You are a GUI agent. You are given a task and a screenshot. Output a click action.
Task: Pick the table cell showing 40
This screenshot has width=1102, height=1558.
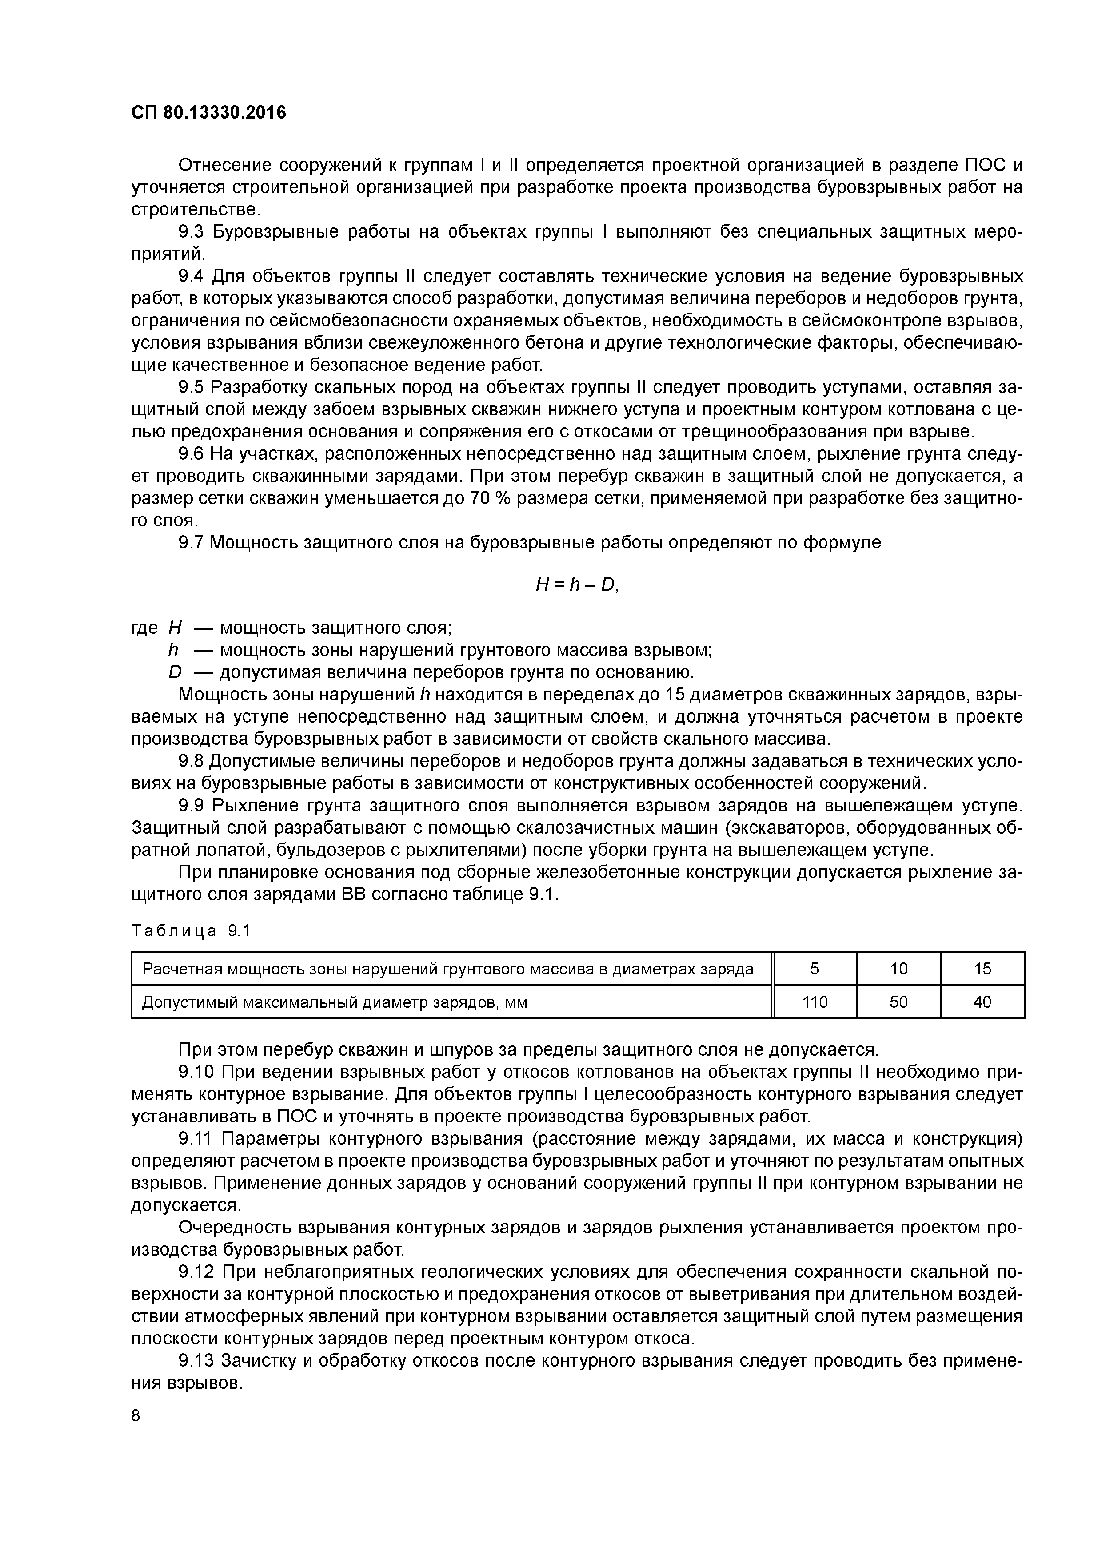pos(982,1002)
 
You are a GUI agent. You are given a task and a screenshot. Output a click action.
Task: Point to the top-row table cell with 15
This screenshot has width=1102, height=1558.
pos(982,968)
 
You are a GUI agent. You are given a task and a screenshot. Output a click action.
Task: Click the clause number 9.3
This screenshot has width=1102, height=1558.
pos(190,232)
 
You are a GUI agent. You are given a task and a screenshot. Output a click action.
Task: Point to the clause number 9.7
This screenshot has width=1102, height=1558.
pos(190,542)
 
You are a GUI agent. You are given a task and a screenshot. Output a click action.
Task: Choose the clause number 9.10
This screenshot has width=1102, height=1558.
pos(196,1072)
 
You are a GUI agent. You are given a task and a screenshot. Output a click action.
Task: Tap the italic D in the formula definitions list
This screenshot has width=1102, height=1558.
pos(175,672)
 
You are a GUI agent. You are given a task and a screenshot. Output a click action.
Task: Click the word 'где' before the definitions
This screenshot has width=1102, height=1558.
pos(144,628)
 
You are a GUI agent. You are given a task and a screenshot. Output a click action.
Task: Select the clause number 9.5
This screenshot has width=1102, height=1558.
pos(190,387)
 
